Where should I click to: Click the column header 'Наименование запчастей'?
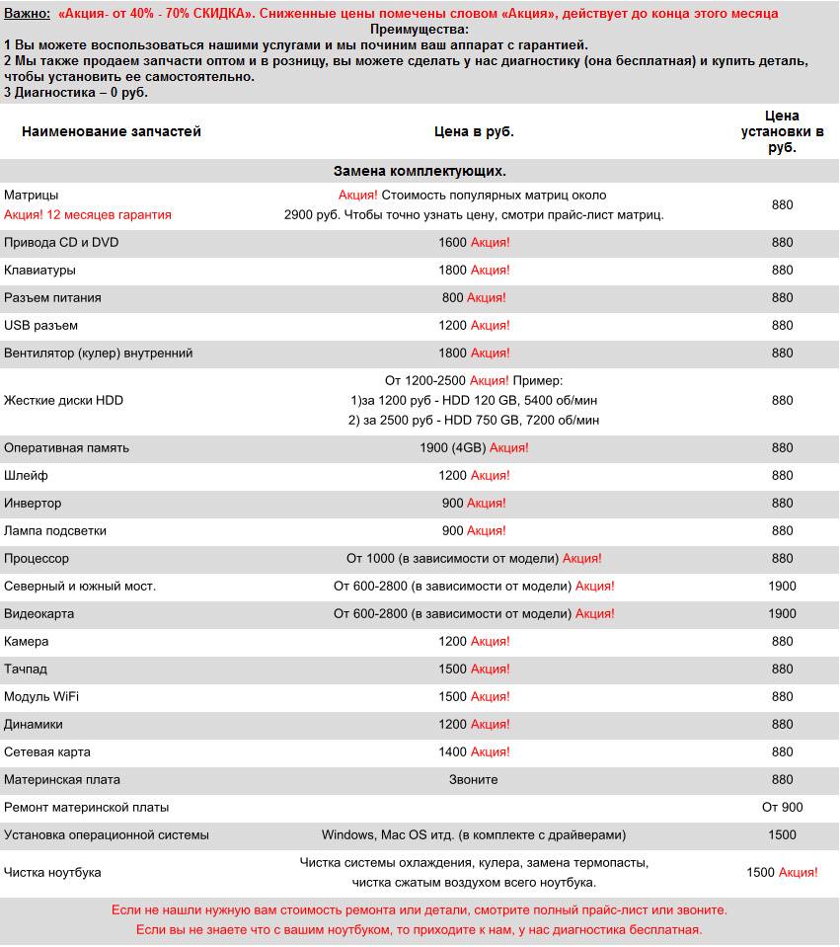tap(112, 131)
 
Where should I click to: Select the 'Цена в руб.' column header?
tap(474, 131)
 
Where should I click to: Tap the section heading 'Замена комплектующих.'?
tap(420, 171)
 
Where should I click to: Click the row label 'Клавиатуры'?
tap(39, 270)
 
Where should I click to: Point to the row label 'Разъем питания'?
tap(52, 297)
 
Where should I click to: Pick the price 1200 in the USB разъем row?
tap(452, 325)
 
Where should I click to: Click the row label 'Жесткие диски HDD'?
tap(63, 400)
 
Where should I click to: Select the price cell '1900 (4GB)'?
tap(453, 447)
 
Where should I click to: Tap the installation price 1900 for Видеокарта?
tap(782, 613)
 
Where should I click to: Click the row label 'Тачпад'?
tap(26, 669)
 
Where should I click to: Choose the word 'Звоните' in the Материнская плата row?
tap(474, 779)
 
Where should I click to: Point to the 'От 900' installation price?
tap(782, 807)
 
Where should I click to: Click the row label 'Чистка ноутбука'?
tap(52, 872)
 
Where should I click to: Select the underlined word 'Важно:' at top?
tap(27, 13)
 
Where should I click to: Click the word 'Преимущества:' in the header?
tap(420, 30)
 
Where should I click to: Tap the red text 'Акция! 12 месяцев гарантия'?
tap(88, 214)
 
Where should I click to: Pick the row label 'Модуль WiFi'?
tap(41, 696)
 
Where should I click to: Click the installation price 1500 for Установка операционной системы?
tap(782, 834)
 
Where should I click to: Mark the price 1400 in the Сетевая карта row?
tap(452, 751)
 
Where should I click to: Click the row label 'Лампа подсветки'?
tap(55, 530)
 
